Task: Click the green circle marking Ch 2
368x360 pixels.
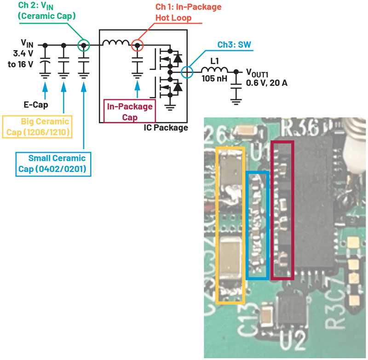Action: [x=83, y=45]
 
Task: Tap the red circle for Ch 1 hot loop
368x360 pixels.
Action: [x=137, y=45]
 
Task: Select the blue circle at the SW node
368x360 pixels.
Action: [x=186, y=72]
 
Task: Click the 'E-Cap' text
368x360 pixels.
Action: [x=36, y=104]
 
